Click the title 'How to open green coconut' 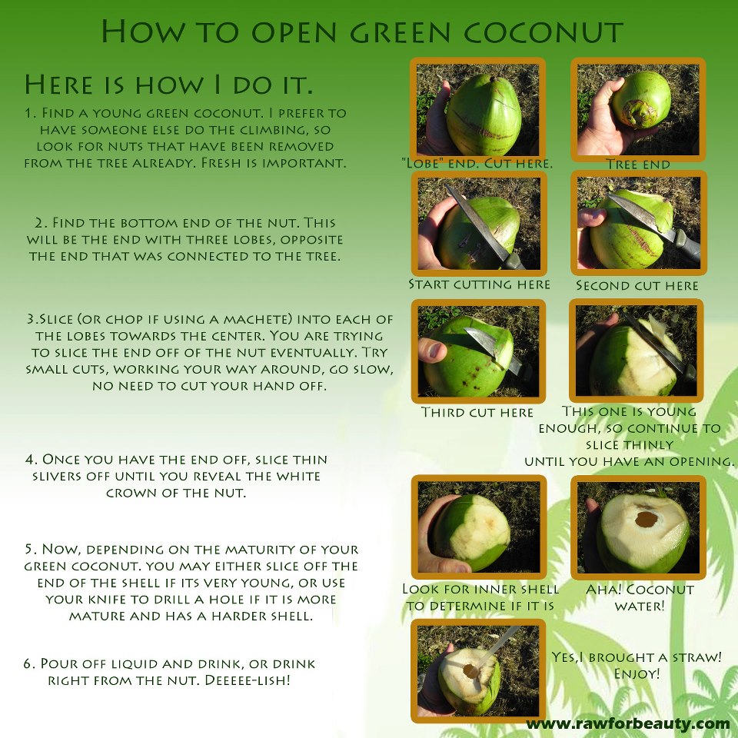(x=362, y=32)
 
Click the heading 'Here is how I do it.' (x=168, y=85)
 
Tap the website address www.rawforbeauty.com (x=628, y=723)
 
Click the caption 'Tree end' (x=638, y=165)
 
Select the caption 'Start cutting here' (x=479, y=284)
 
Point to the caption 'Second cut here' (x=637, y=286)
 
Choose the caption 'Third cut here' (x=477, y=412)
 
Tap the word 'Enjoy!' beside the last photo (x=637, y=673)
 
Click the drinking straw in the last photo (x=500, y=645)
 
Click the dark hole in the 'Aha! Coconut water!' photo (x=647, y=520)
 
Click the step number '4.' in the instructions (x=32, y=459)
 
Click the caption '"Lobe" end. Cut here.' (x=477, y=164)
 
